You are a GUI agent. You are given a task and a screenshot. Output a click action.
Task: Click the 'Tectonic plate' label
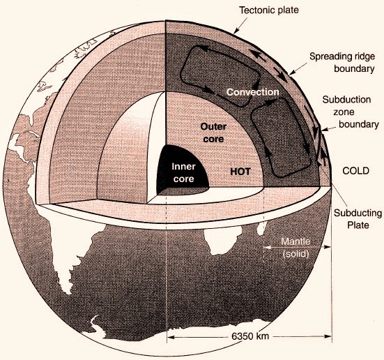tap(269, 10)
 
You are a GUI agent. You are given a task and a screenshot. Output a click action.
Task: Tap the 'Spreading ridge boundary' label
tap(342, 62)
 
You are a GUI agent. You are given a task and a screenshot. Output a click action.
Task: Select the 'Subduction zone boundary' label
tap(351, 112)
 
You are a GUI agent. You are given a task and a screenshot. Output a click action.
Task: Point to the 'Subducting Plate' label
tap(358, 219)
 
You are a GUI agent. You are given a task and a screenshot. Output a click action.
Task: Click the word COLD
tap(355, 171)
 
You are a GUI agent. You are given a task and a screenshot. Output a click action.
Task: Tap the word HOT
tap(240, 172)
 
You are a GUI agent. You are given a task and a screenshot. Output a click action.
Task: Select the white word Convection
tap(253, 92)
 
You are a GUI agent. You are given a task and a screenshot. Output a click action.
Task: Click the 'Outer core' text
tap(213, 133)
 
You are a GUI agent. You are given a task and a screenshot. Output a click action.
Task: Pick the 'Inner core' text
tap(183, 172)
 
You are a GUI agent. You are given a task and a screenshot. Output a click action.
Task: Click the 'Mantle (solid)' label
tap(295, 247)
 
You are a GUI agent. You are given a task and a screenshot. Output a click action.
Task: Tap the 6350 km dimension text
tap(250, 336)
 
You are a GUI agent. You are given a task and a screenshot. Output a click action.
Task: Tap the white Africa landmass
tap(222, 241)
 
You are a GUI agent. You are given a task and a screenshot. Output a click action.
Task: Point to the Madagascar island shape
tap(261, 229)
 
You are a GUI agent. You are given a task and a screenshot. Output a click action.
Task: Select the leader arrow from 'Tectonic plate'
tap(240, 26)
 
